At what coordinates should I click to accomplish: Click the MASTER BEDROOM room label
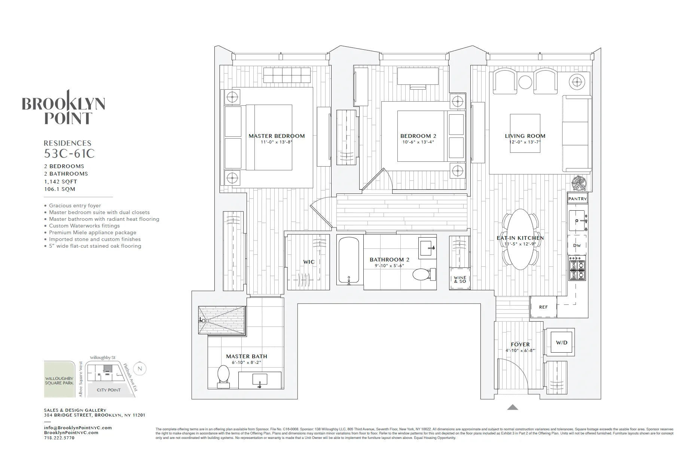277,136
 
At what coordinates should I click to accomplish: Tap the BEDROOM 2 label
418,136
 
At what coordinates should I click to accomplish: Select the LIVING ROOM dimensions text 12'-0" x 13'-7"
525,142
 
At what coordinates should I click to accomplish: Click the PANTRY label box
577,199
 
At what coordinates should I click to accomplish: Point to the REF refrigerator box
543,307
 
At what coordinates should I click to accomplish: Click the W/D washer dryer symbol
561,343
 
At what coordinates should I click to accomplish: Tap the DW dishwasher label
577,245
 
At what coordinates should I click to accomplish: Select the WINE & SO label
460,279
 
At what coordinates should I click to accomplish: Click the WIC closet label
309,262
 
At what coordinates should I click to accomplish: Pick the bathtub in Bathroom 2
349,261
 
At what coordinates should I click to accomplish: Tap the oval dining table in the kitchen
520,239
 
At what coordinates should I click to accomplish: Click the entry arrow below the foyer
512,408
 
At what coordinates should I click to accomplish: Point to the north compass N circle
140,369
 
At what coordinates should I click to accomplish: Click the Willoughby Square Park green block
59,380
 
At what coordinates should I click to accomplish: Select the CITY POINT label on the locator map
109,390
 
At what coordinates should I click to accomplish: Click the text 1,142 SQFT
61,182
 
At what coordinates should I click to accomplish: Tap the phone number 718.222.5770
59,438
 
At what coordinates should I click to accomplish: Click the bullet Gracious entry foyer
75,205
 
